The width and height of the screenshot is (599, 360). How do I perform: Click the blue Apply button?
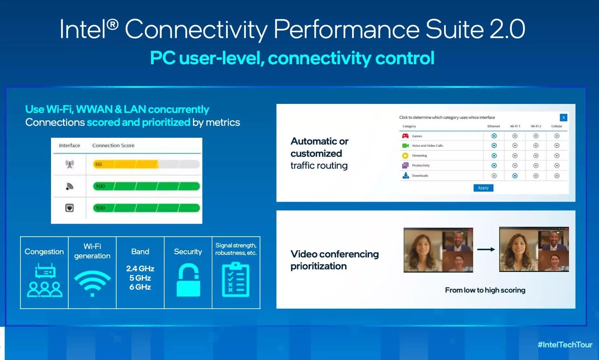click(x=483, y=188)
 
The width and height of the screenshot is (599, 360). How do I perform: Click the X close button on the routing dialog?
click(x=563, y=117)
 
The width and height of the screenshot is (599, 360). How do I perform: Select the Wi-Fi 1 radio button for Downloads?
click(x=515, y=176)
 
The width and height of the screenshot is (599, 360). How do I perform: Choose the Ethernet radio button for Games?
click(x=494, y=136)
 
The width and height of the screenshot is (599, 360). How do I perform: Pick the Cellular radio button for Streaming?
click(x=556, y=156)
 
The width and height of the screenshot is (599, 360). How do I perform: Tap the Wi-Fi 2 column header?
click(x=535, y=126)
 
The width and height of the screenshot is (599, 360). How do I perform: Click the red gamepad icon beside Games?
click(x=406, y=136)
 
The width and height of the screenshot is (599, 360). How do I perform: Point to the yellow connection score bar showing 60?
click(x=125, y=164)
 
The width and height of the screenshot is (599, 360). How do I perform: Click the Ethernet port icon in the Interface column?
click(x=69, y=208)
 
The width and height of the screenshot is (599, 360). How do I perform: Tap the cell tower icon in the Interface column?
click(x=69, y=164)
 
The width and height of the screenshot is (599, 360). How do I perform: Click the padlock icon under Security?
click(x=188, y=279)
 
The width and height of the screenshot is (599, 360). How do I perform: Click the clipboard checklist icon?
click(x=235, y=279)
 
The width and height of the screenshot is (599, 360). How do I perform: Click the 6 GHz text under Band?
click(x=140, y=287)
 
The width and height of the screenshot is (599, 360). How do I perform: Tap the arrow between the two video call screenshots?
click(x=486, y=250)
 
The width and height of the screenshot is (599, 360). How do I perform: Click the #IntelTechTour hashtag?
click(x=565, y=344)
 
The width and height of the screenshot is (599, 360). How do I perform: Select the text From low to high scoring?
click(x=485, y=290)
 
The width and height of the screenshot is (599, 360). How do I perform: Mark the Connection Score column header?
click(x=113, y=146)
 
